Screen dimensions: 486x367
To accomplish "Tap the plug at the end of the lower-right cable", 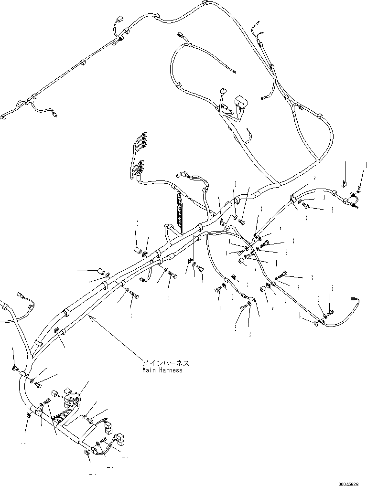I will tap(355, 299).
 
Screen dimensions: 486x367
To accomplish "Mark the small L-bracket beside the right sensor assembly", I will tap(344, 183).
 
